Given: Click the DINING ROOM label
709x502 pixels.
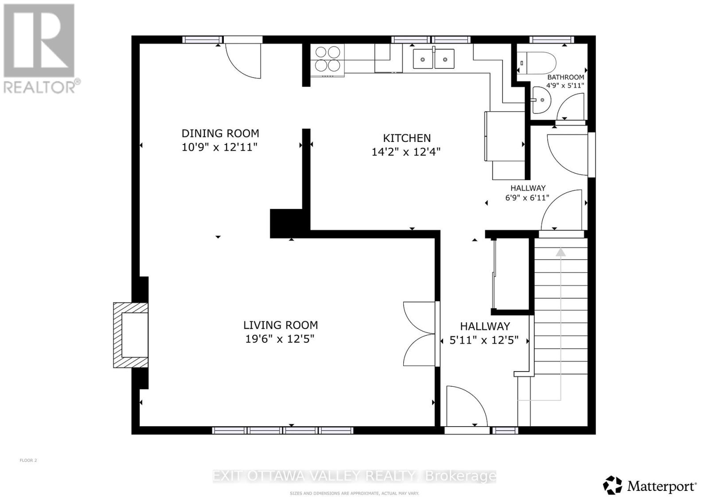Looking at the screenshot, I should click(x=220, y=133).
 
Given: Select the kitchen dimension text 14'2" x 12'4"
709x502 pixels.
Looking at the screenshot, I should click(x=406, y=152).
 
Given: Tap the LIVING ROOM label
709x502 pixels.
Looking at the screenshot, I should click(x=280, y=325).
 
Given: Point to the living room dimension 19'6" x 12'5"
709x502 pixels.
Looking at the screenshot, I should click(x=280, y=339).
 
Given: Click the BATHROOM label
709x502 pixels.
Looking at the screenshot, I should click(x=565, y=77).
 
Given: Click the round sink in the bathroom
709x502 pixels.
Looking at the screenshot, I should click(x=540, y=100).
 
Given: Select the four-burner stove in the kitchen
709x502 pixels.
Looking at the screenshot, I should click(x=328, y=59).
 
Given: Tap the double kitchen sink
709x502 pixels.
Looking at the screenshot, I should click(x=433, y=59).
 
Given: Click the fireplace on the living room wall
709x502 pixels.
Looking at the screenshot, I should click(x=131, y=335).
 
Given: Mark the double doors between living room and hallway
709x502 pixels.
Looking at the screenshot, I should click(x=420, y=334).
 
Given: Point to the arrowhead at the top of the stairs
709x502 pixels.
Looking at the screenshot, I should click(x=561, y=252).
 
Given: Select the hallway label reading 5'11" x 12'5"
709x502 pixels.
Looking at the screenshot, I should click(x=484, y=341).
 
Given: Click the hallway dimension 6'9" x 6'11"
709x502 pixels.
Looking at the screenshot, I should click(x=527, y=198).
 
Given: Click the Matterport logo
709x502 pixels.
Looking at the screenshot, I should click(x=650, y=486).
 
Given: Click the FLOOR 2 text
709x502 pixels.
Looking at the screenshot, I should click(x=28, y=460).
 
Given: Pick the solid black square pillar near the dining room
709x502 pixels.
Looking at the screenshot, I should click(x=286, y=223).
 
